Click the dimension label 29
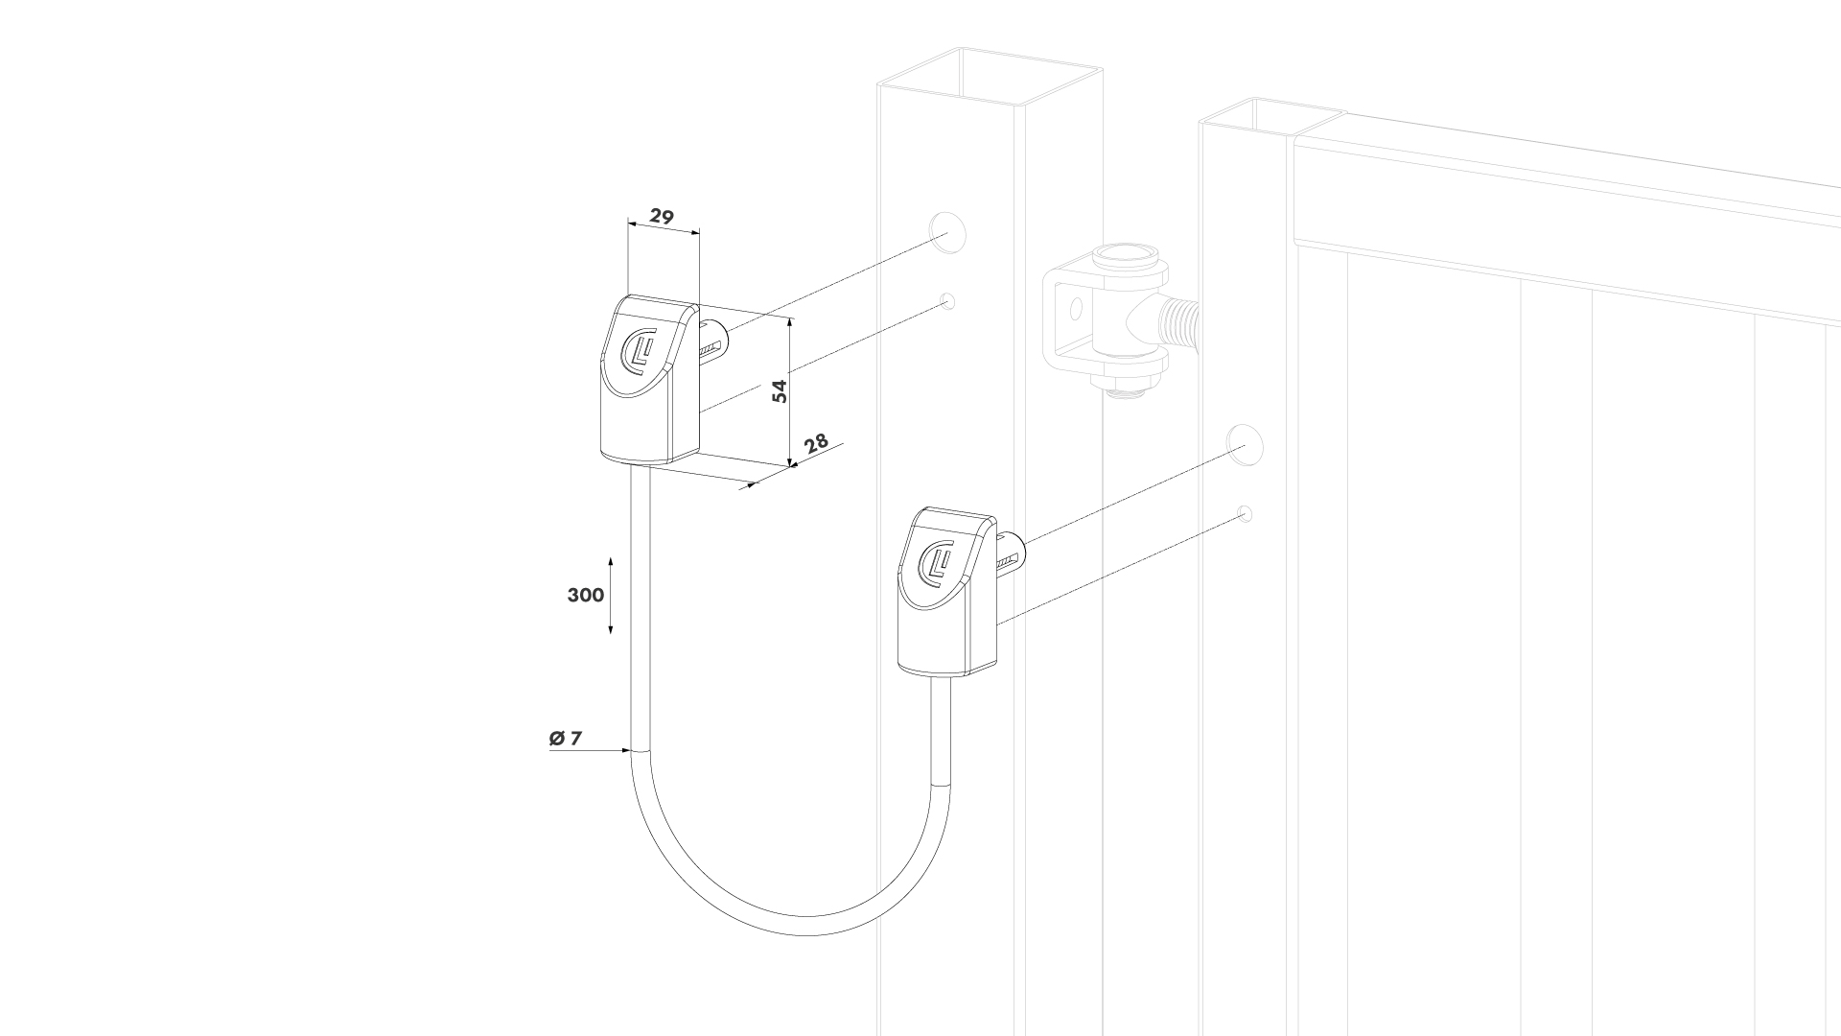[x=662, y=216]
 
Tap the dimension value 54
[x=781, y=390]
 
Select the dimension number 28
[x=816, y=443]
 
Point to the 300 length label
[x=586, y=595]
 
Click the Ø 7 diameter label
[x=566, y=738]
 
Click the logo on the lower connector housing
[x=936, y=561]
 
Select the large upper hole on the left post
[x=946, y=231]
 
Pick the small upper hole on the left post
[x=948, y=301]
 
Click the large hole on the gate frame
[x=1245, y=442]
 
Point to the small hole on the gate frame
[x=1245, y=513]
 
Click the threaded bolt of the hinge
[x=1180, y=320]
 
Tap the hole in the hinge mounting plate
[x=1075, y=308]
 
